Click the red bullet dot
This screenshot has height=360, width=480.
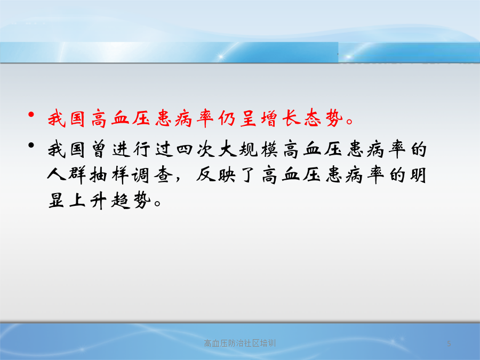[31, 115]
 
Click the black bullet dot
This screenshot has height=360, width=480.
[31, 145]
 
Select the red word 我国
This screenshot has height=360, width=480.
[66, 118]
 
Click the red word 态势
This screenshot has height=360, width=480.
[323, 118]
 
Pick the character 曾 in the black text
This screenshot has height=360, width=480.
[99, 150]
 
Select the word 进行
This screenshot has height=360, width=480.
[131, 150]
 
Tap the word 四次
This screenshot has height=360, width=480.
[195, 150]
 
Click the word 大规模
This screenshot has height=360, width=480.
[248, 150]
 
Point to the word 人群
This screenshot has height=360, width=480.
[66, 175]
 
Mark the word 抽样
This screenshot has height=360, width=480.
[109, 175]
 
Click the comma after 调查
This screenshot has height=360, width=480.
[178, 179]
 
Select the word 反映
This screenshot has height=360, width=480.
[216, 175]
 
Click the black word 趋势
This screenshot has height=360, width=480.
[131, 201]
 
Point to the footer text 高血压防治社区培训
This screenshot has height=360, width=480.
[239, 343]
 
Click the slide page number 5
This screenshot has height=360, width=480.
[449, 343]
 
